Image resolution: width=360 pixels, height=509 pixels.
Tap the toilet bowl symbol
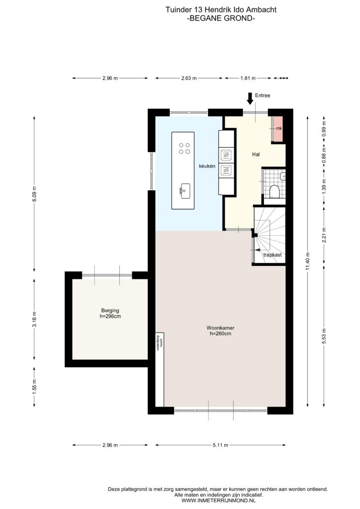(x=274, y=191)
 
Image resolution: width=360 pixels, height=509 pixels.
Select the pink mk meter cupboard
(x=277, y=129)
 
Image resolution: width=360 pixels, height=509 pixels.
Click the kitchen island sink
(x=184, y=191)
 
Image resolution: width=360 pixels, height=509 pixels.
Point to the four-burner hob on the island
(x=184, y=148)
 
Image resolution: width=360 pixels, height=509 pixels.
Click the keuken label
(x=207, y=166)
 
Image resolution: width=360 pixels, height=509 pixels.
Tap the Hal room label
(x=256, y=155)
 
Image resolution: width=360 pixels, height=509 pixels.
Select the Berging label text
(x=110, y=311)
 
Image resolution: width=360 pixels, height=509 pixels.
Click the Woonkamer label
(x=220, y=328)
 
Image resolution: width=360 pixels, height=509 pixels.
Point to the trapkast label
(x=272, y=255)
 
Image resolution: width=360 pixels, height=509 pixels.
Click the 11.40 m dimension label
(x=308, y=261)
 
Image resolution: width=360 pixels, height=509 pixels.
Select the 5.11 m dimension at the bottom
(x=220, y=445)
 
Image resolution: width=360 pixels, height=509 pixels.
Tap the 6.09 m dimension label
(x=34, y=194)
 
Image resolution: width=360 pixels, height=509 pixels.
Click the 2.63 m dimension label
(x=189, y=78)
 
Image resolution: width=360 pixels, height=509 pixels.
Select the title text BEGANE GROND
(x=221, y=18)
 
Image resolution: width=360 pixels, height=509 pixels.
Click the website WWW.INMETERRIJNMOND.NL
(x=218, y=501)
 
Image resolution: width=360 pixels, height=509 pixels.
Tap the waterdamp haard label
(x=159, y=342)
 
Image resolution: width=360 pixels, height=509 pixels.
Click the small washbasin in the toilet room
(x=283, y=176)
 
